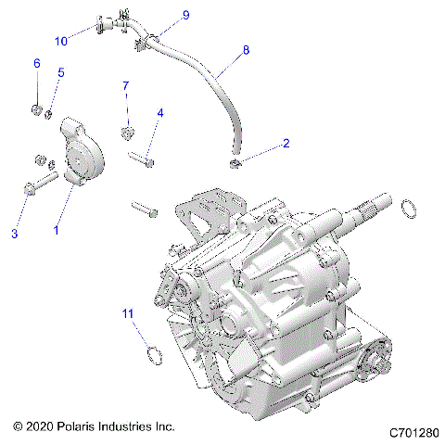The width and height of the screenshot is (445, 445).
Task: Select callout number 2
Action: pos(286,144)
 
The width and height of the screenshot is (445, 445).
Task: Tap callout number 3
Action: pos(15,235)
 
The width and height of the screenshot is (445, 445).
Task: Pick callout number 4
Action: pos(159,113)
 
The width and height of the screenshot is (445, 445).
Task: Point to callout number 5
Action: pos(60,72)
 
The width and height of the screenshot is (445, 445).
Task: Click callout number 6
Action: pos(37,63)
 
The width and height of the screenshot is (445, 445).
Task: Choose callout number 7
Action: pos(126,86)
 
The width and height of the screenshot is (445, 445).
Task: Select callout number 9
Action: pos(184,16)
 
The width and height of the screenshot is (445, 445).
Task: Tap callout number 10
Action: pos(60,41)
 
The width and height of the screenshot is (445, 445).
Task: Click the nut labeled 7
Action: pos(126,131)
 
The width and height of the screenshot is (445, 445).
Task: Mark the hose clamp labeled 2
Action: pos(235,164)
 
